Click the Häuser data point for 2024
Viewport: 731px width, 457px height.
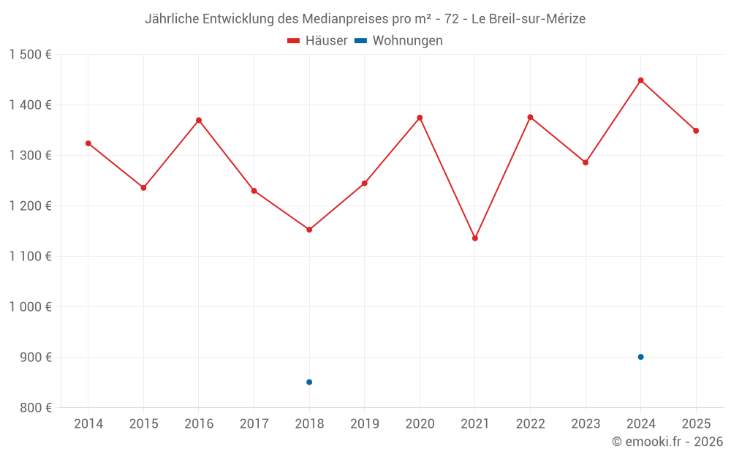pyautogui.click(x=640, y=80)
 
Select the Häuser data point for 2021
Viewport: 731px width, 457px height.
pyautogui.click(x=475, y=238)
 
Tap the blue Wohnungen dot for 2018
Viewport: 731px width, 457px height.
pyautogui.click(x=309, y=382)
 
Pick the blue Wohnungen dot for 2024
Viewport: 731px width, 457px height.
pyautogui.click(x=640, y=357)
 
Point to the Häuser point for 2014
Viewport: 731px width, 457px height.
pyautogui.click(x=88, y=143)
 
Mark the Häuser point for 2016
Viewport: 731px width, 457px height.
pyautogui.click(x=199, y=121)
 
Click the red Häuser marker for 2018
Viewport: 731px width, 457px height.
pyautogui.click(x=309, y=230)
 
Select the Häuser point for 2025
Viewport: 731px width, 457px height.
pyautogui.click(x=696, y=131)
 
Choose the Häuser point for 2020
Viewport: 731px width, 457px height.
pyautogui.click(x=420, y=118)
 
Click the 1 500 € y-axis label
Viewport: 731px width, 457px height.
pyautogui.click(x=30, y=55)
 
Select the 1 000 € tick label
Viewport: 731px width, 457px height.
pyautogui.click(x=30, y=307)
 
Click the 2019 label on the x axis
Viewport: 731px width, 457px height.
pyautogui.click(x=364, y=424)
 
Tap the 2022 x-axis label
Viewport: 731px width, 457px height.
pyautogui.click(x=530, y=424)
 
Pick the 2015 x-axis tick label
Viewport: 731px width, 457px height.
pyautogui.click(x=143, y=424)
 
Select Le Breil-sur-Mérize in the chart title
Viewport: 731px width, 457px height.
pyautogui.click(x=529, y=19)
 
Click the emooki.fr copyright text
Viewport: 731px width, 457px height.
pyautogui.click(x=667, y=442)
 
